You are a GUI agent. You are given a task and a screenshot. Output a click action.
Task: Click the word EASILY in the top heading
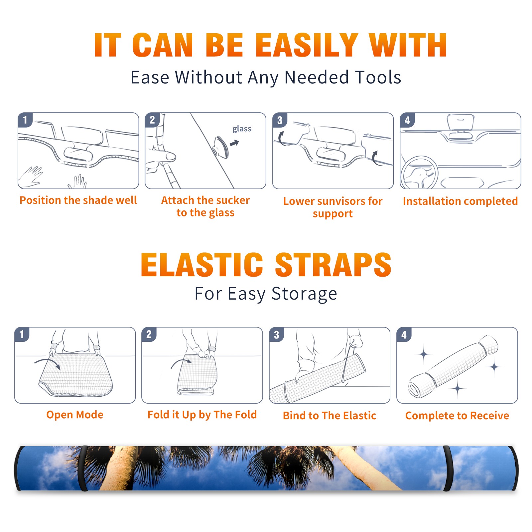tap(307, 45)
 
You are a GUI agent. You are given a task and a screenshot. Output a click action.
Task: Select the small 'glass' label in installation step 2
tap(242, 129)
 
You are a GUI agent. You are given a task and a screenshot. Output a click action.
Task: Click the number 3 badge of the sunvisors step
tap(280, 120)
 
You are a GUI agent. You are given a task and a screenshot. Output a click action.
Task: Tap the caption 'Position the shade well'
tap(78, 200)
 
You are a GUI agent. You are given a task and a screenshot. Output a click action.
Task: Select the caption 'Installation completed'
tap(460, 201)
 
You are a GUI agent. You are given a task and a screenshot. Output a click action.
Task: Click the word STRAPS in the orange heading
tap(333, 265)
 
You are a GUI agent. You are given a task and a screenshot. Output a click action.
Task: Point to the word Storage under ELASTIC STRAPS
tap(304, 294)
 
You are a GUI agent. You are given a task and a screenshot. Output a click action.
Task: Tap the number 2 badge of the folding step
tap(149, 334)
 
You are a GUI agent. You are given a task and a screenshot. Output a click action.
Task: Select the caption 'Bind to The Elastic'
tap(330, 416)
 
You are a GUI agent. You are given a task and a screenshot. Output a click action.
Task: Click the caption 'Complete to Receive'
tap(457, 416)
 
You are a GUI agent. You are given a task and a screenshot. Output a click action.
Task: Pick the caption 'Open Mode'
tap(75, 415)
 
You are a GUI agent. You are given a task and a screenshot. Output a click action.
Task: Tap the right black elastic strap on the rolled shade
tap(448, 468)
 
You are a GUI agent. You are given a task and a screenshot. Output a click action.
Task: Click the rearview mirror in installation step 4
tap(461, 122)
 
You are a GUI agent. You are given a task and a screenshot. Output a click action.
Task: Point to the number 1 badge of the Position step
tap(25, 120)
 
